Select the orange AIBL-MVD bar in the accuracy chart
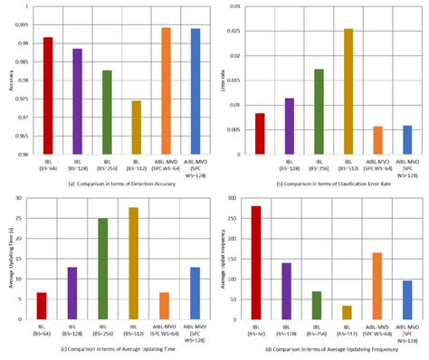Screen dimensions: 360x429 pyautogui.click(x=166, y=90)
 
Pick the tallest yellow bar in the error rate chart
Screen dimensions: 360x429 pyautogui.click(x=348, y=90)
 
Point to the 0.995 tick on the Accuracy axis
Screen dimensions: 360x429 pyautogui.click(x=25, y=24)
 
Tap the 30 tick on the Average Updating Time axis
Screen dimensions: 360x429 pyautogui.click(x=24, y=197)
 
